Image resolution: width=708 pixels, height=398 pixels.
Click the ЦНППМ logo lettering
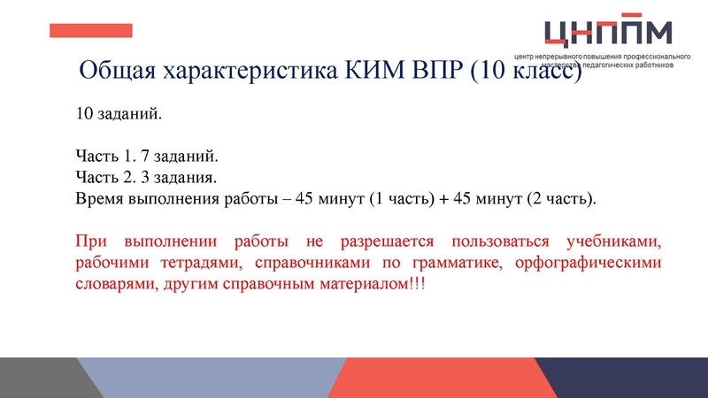pyautogui.click(x=608, y=32)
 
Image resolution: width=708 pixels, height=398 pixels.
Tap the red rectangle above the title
pyautogui.click(x=90, y=30)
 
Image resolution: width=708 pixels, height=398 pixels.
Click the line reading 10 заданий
pyautogui.click(x=119, y=115)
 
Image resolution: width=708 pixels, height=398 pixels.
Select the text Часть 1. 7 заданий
pyautogui.click(x=146, y=157)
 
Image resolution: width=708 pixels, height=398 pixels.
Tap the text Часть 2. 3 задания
pyautogui.click(x=145, y=177)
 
